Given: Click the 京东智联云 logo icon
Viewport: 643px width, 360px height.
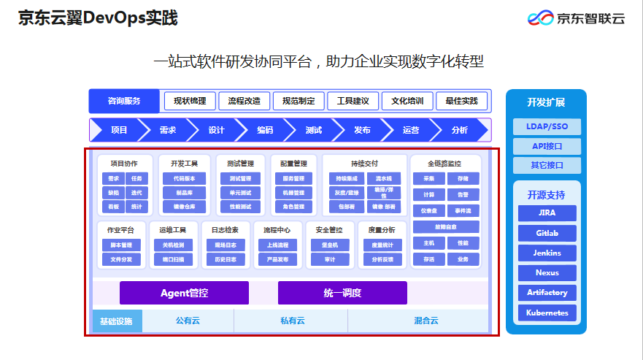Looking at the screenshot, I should [540, 18].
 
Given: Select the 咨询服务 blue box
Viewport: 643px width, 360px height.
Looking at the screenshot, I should [123, 101].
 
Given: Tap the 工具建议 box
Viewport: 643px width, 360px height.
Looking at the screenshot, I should [353, 101].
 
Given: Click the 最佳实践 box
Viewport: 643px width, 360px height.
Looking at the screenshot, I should [461, 101].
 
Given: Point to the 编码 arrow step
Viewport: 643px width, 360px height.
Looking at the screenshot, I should [264, 130].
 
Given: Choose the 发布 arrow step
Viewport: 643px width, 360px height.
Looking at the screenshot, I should [362, 130].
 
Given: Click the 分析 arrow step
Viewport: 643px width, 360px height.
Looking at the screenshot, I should [459, 130].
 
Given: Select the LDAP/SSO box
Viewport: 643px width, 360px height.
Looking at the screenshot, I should [547, 126].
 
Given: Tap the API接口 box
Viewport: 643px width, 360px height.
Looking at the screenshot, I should [547, 146].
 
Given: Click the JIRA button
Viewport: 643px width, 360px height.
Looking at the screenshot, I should [547, 213].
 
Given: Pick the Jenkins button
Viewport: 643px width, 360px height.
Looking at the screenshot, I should [547, 253].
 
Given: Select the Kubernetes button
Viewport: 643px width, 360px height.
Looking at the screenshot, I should [547, 313].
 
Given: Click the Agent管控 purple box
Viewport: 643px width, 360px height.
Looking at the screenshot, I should [184, 293].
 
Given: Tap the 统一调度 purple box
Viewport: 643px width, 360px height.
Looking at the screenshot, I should [342, 293].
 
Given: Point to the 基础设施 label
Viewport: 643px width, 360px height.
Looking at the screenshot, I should [116, 321].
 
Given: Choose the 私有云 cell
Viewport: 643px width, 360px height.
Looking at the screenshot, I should [291, 321].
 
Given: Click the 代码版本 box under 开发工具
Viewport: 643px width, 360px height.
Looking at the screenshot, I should [184, 178].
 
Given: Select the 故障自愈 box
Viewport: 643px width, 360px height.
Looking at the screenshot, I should [446, 227].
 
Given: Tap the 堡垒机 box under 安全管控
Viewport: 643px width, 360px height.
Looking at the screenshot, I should [329, 245].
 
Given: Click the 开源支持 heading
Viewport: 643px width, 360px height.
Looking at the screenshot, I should [546, 195].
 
